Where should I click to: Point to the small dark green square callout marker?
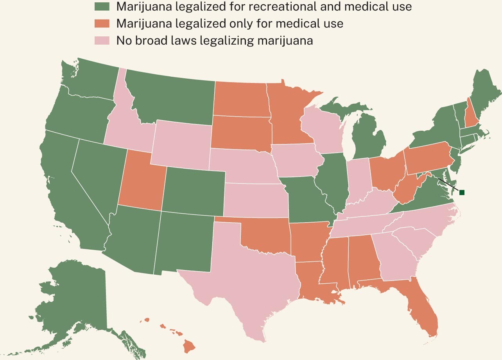[462, 192]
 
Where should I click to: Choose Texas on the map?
[250, 274]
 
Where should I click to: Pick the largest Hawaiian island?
[189, 346]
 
